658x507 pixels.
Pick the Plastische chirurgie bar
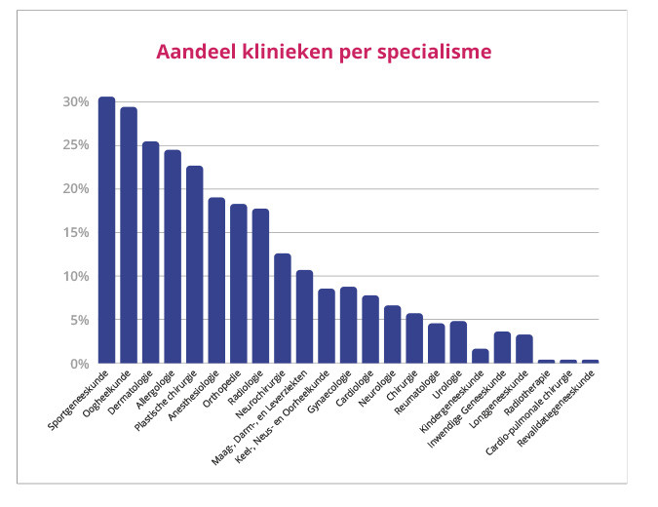[x=195, y=264]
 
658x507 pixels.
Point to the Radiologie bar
[x=260, y=286]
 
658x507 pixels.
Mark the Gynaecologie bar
[x=349, y=325]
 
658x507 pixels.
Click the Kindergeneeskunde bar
[x=481, y=356]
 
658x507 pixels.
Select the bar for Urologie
[x=458, y=342]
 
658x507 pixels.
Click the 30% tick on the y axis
[x=76, y=101]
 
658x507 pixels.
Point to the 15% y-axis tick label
[x=76, y=233]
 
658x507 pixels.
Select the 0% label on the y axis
[x=80, y=364]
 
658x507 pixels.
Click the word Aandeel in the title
[x=197, y=50]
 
